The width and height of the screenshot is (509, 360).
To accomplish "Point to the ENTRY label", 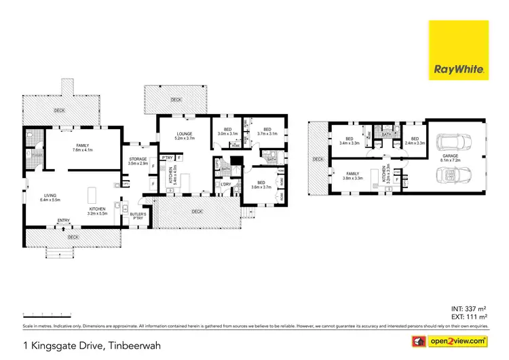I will [64, 220].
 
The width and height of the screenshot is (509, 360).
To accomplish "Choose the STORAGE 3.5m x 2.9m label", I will [138, 162].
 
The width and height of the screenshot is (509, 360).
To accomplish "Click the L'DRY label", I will [225, 183].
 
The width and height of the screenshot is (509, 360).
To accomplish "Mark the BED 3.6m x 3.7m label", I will [261, 185].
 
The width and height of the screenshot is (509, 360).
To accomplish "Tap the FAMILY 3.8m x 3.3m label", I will [354, 175].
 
